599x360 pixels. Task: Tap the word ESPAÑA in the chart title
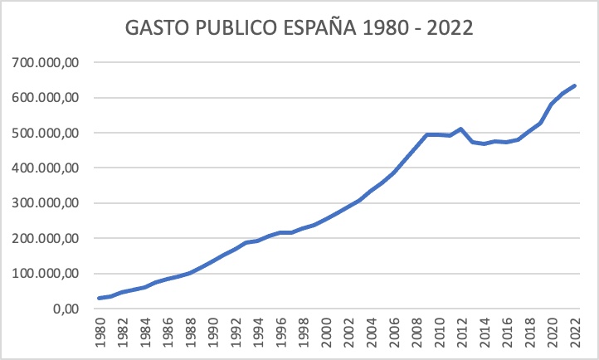pos(322,29)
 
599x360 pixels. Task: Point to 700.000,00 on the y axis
pos(46,63)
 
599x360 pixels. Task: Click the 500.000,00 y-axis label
pos(46,133)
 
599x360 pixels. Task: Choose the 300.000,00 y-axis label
pos(46,203)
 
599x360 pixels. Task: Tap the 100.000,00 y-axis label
pos(46,274)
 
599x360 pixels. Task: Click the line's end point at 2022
pos(575,85)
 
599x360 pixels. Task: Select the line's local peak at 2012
pos(462,129)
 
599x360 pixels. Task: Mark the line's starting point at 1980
pos(100,298)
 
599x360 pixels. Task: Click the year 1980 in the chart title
pos(385,29)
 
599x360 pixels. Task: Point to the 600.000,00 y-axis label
pos(46,98)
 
